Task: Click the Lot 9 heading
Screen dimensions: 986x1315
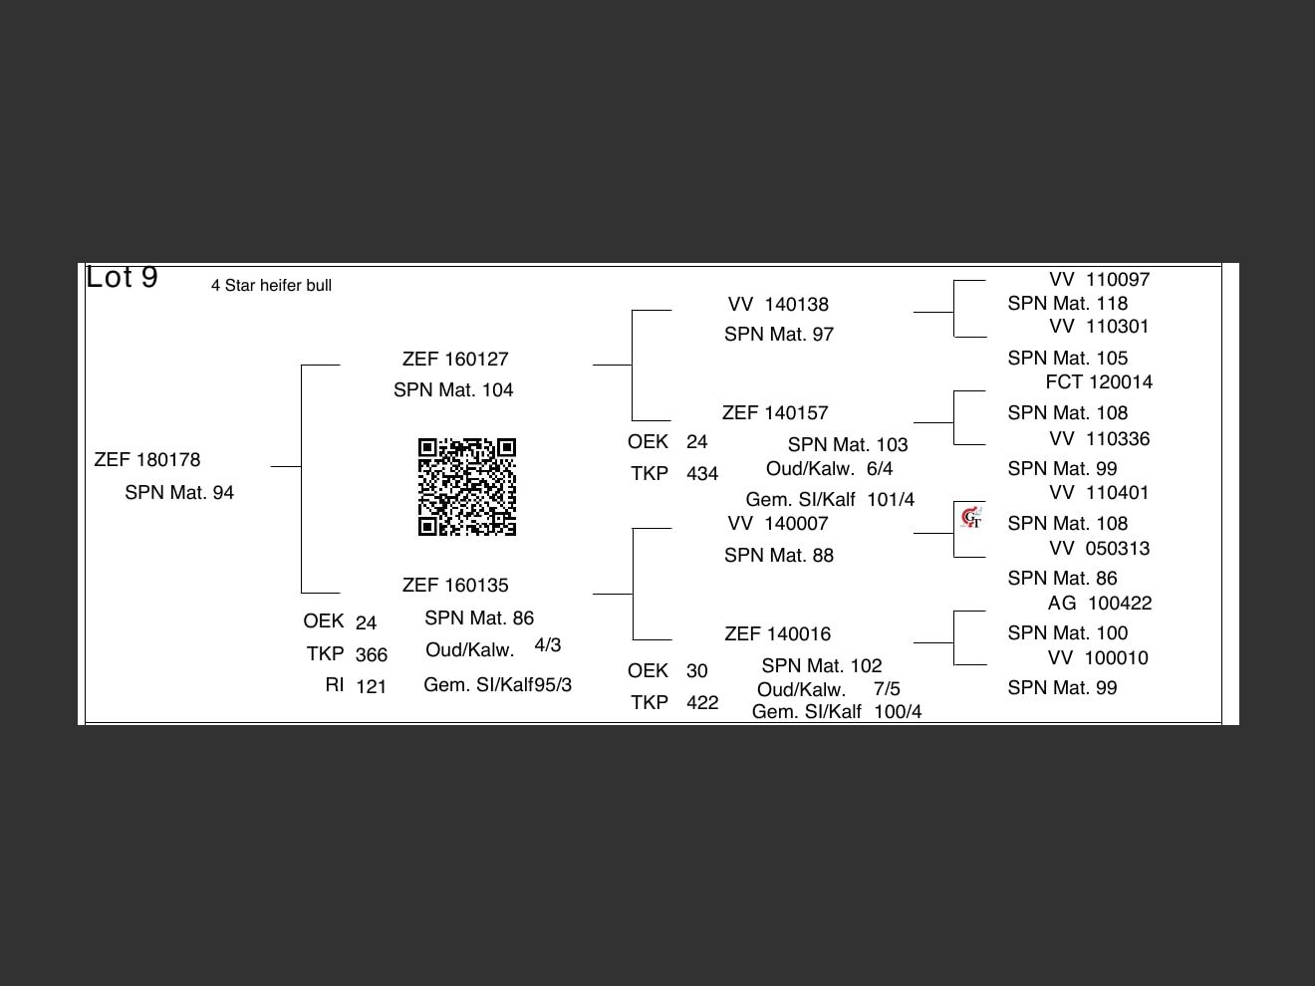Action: [122, 277]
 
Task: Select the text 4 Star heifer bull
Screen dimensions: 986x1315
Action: [271, 286]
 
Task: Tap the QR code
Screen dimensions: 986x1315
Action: [467, 487]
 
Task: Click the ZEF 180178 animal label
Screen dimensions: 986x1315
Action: [147, 460]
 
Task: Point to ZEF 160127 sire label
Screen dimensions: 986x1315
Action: [455, 360]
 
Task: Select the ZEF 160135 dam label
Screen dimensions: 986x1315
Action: [455, 586]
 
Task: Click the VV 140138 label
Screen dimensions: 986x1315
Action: [778, 305]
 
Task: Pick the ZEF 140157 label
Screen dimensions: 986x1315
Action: [775, 413]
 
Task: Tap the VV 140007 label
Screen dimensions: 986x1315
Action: [778, 524]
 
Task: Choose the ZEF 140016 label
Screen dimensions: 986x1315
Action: [777, 634]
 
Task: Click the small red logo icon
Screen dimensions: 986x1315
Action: [971, 517]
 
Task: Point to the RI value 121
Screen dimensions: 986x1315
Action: [371, 686]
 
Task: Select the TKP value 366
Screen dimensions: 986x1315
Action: [371, 655]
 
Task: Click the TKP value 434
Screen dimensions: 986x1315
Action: [701, 474]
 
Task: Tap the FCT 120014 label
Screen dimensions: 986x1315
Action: [1099, 382]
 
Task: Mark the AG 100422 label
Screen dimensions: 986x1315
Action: [1100, 604]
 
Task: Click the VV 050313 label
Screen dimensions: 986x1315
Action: [1099, 549]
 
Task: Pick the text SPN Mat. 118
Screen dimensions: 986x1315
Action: [1067, 304]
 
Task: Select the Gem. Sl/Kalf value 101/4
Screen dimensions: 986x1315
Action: [891, 500]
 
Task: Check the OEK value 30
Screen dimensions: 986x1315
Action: [697, 671]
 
